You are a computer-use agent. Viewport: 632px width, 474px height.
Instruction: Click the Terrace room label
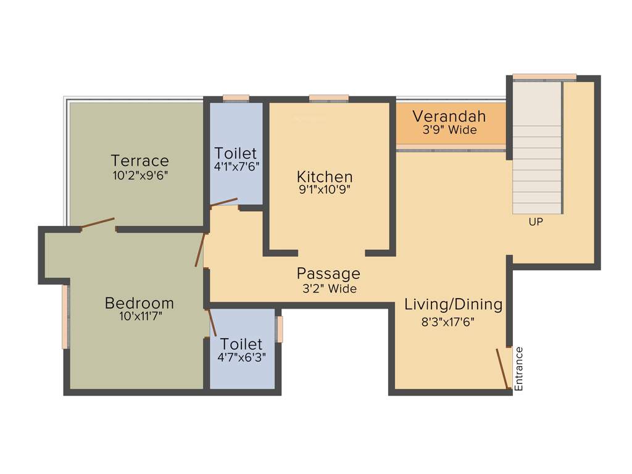click(x=140, y=161)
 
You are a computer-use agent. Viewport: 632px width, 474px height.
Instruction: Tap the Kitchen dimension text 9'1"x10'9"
click(x=325, y=190)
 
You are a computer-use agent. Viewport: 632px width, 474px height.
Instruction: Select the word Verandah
click(x=449, y=116)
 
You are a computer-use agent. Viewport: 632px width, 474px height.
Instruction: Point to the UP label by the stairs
click(x=536, y=222)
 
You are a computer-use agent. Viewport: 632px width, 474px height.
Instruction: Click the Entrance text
click(x=519, y=369)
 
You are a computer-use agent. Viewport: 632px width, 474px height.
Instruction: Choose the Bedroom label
click(x=139, y=303)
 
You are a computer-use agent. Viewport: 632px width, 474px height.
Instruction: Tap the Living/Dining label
click(x=453, y=304)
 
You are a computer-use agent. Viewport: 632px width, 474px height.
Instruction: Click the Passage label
click(x=328, y=273)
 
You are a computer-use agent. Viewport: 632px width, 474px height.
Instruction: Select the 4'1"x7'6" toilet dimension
click(x=236, y=167)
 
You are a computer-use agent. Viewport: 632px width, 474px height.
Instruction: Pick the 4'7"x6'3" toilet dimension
click(x=241, y=357)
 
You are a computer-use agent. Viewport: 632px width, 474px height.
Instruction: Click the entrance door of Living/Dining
click(x=503, y=368)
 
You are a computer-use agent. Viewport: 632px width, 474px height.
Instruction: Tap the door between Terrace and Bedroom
click(x=98, y=223)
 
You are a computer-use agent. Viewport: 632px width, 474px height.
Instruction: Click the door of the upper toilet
click(x=224, y=203)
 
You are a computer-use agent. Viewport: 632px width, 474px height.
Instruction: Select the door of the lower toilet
click(x=210, y=322)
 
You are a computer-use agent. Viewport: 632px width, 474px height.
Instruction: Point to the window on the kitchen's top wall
click(x=328, y=98)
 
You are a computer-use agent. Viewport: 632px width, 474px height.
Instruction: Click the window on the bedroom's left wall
click(x=65, y=317)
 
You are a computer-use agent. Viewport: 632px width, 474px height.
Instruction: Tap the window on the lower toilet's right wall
click(x=280, y=329)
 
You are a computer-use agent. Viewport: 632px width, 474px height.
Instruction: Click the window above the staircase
click(x=544, y=77)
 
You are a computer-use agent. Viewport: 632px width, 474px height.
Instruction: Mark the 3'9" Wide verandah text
click(x=449, y=130)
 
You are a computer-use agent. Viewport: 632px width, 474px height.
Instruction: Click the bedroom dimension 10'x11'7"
click(x=139, y=317)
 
